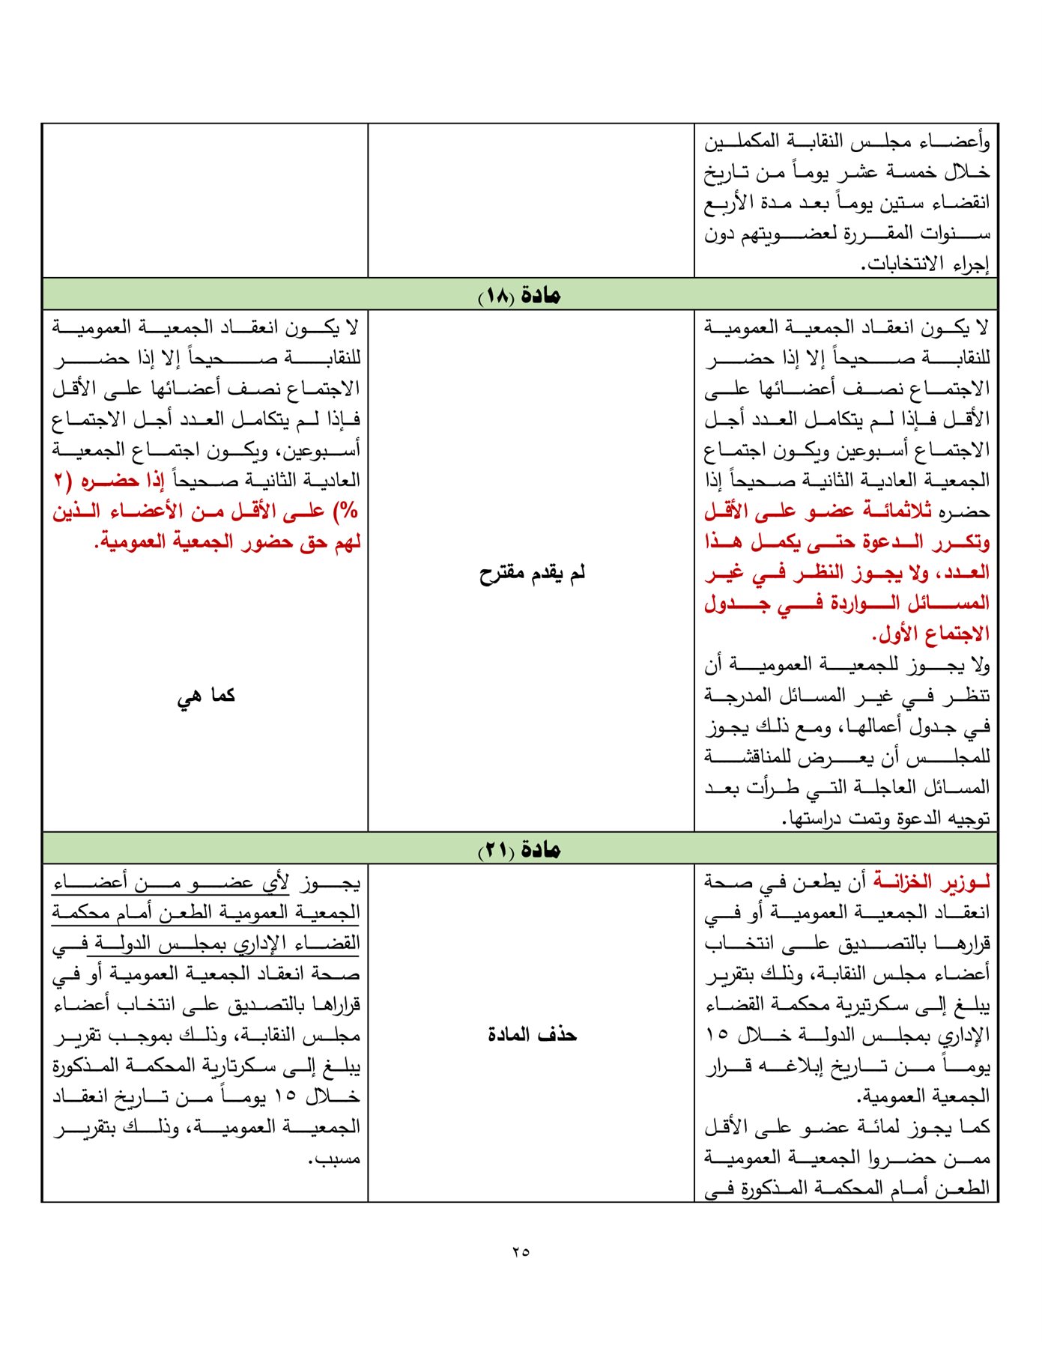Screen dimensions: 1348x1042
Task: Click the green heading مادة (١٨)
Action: click(520, 295)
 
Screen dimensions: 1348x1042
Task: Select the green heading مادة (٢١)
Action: click(520, 849)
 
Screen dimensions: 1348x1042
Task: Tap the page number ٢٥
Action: click(521, 1251)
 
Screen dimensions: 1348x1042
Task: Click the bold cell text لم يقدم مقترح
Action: click(532, 574)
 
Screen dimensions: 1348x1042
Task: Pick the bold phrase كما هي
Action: click(206, 696)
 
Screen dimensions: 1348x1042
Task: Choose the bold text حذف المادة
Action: click(532, 1035)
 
